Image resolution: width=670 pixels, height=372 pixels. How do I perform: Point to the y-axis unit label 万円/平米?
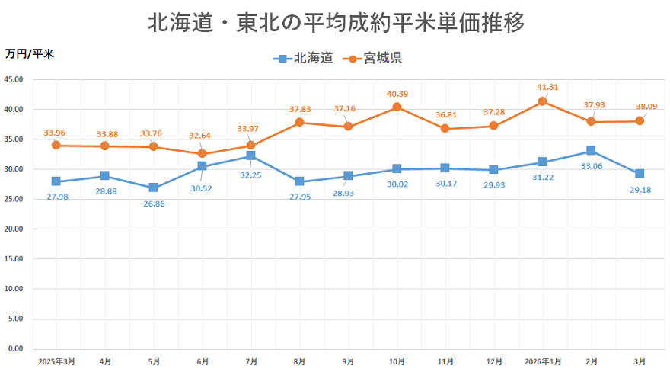pos(29,54)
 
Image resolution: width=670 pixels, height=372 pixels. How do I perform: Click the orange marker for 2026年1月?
pos(542,101)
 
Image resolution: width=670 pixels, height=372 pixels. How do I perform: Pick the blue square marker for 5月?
pos(153,188)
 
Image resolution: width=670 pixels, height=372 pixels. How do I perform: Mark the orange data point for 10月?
pos(397,107)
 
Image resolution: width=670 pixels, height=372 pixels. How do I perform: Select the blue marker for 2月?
pos(591,151)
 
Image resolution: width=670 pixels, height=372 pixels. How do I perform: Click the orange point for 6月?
pos(202,153)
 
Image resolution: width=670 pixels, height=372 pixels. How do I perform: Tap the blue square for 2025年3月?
pos(56,181)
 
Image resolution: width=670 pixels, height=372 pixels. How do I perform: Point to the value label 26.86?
pos(155,204)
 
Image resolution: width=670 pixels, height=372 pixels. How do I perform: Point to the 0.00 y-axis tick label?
pos(16,349)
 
